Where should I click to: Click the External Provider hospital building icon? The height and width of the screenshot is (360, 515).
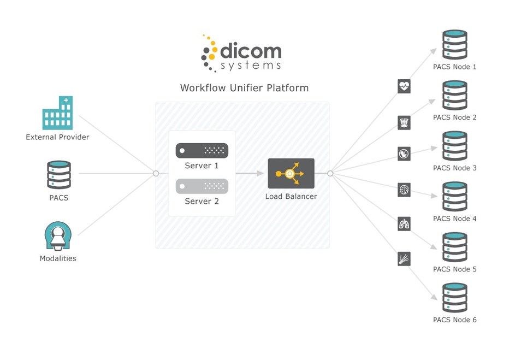57,113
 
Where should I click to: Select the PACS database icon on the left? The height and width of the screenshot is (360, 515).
59,174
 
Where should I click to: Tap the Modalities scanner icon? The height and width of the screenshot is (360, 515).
58,236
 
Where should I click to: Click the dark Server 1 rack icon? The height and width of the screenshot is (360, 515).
202,150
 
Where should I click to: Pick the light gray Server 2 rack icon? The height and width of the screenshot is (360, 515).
202,186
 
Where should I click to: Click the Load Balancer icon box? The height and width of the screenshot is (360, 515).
291,174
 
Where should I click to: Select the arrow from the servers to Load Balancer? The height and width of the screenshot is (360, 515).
251,174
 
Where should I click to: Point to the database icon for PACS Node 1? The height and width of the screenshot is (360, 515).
454,45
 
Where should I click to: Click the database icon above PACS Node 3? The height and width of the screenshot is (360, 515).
454,146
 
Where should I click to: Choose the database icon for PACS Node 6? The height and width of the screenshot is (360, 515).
454,298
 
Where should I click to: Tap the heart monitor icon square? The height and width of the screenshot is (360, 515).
404,86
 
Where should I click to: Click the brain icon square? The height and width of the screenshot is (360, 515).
404,190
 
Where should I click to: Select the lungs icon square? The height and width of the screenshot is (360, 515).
404,223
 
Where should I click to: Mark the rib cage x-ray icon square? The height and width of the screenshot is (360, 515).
404,122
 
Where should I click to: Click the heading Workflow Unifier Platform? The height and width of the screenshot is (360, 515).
244,88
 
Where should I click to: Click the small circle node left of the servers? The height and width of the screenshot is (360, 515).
156,173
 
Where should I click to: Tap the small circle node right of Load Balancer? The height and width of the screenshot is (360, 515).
330,173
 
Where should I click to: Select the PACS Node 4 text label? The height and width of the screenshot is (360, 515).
454,219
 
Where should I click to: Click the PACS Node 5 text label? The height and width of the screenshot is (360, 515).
454,269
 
